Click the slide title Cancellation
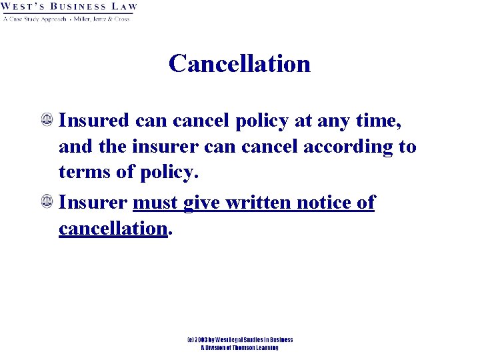[239, 63]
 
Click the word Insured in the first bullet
[94, 121]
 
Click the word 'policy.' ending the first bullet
[169, 173]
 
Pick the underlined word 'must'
[155, 203]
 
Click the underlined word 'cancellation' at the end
[112, 228]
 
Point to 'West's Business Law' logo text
[69, 8]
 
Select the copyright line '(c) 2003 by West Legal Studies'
[239, 340]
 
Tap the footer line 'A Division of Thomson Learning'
[239, 347]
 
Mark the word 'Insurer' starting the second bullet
[94, 203]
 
